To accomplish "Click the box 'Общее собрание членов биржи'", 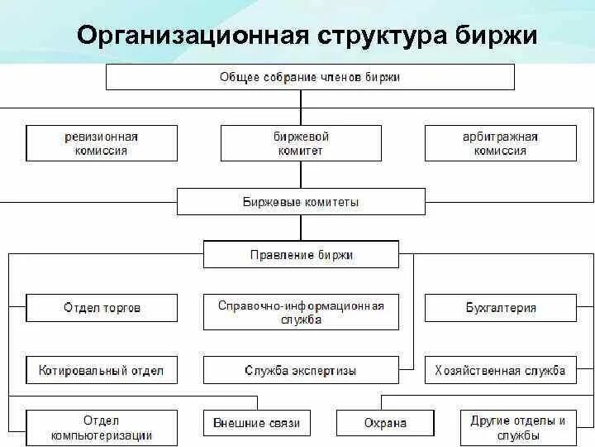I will click(x=309, y=77).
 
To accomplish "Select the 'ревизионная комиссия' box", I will click(x=102, y=143).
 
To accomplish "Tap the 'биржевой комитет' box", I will click(x=301, y=143).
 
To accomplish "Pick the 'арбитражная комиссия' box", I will click(x=500, y=143).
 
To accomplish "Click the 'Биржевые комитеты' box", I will click(x=301, y=201).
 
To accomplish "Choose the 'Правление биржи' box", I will click(x=301, y=254).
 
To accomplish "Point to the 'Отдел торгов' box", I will click(x=102, y=308).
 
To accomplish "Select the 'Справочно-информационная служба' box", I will click(x=301, y=312).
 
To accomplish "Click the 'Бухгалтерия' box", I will click(x=500, y=308).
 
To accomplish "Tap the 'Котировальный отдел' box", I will click(x=102, y=370).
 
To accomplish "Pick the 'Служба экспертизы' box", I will click(x=301, y=370).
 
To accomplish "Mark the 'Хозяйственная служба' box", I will click(x=500, y=370).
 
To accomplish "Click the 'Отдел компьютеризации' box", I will click(x=102, y=428).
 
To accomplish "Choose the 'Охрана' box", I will click(x=385, y=423).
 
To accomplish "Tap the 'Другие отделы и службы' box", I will click(x=517, y=428).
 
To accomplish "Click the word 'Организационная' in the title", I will click(x=192, y=36).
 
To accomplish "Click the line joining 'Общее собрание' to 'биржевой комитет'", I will click(x=301, y=108).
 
